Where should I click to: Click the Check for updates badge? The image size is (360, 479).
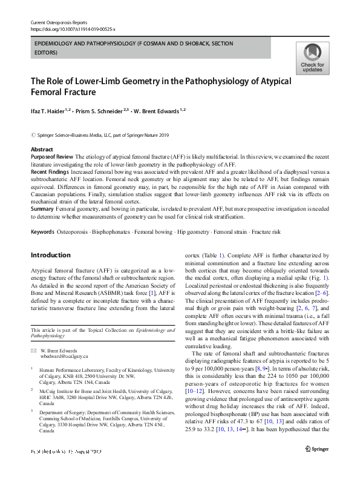click(312, 58)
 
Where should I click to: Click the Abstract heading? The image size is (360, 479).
click(42, 149)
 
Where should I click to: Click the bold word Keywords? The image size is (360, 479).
click(42, 233)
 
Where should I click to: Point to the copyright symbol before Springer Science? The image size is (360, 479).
click(33, 136)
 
